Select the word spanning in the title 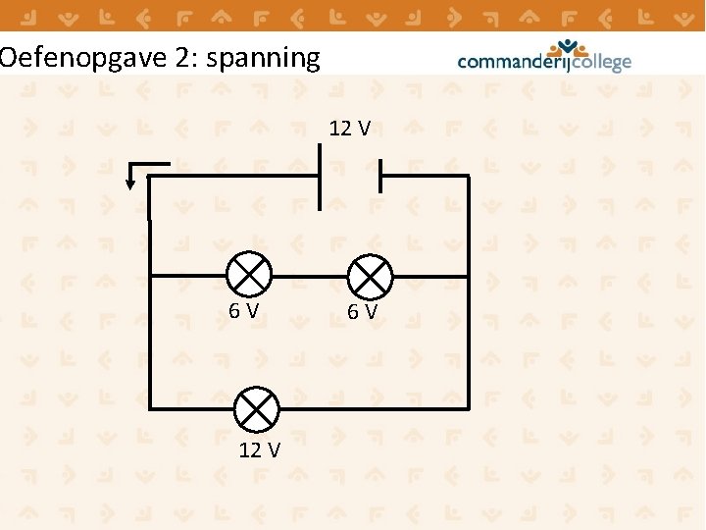pos(265,58)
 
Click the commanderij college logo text pos(544,62)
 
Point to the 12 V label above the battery pos(349,129)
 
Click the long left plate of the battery pos(320,177)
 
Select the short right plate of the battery pos(379,177)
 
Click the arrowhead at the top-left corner pos(131,183)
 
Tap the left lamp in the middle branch pos(248,275)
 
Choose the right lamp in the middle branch pos(371,276)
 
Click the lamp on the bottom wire pos(257,408)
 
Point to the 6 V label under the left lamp pos(244,311)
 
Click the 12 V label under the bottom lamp pos(259,450)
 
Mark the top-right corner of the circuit pos(468,177)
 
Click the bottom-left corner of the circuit pos(149,407)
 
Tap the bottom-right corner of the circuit pos(468,407)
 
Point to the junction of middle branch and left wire pos(149,276)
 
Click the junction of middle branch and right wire pos(468,276)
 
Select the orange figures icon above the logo pos(568,46)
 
